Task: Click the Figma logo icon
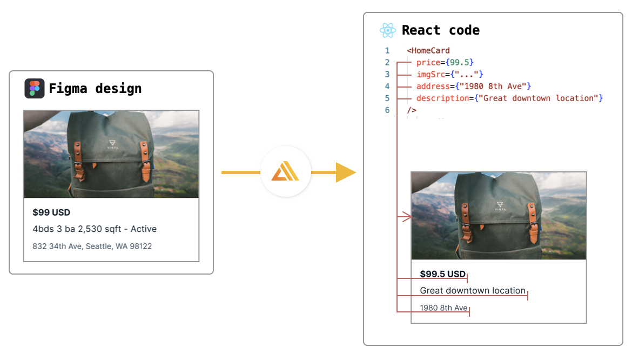point(35,88)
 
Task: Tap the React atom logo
point(388,30)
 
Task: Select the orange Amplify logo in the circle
point(285,172)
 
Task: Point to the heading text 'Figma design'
point(95,88)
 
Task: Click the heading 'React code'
point(441,30)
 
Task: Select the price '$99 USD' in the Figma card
point(51,212)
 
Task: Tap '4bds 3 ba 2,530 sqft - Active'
point(95,229)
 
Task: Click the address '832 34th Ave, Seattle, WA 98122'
point(92,246)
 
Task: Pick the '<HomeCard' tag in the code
point(428,51)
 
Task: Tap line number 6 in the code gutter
point(387,110)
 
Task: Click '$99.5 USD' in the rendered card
point(442,274)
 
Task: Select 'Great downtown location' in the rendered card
point(473,291)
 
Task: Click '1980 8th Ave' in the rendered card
point(443,308)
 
